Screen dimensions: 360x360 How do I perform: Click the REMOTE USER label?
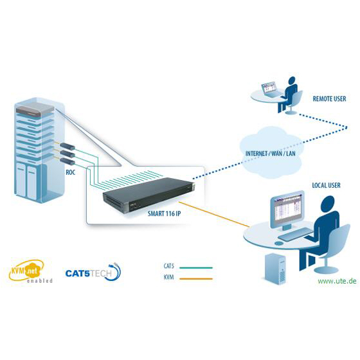point(329,99)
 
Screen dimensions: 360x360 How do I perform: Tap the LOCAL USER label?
point(326,185)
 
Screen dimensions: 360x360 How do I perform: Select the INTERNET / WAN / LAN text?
point(271,154)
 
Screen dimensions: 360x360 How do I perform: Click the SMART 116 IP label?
point(164,213)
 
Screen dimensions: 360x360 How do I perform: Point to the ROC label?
point(71,172)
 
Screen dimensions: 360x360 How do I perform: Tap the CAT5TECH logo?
point(93,273)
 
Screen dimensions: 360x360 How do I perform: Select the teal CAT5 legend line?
point(196,267)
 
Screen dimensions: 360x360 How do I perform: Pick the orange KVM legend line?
point(196,279)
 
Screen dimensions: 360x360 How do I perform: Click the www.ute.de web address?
point(337,281)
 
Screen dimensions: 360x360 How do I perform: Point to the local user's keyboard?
point(296,234)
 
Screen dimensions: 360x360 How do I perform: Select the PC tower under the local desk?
point(276,269)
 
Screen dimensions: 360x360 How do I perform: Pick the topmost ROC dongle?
point(67,147)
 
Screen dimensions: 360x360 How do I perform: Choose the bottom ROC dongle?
point(67,161)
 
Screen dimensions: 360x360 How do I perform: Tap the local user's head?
point(328,204)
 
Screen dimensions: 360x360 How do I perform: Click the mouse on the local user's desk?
point(279,243)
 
